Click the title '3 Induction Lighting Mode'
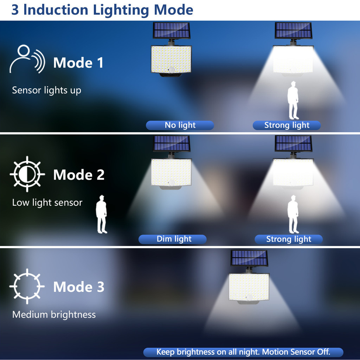102,10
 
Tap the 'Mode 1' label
78,63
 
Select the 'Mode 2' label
79,175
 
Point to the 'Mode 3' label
79,287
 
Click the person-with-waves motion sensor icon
27,59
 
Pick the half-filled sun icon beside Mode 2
27,174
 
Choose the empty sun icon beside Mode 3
27,286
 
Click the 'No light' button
180,126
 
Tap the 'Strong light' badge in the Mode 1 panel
287,126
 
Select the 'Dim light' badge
173,239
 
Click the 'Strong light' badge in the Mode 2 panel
289,239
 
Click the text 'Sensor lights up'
47,90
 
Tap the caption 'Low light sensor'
47,203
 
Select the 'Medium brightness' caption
54,315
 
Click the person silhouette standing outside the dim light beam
102,214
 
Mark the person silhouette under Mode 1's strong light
293,100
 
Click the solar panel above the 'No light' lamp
172,31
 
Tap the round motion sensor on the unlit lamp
171,70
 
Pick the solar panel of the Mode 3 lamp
249,258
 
